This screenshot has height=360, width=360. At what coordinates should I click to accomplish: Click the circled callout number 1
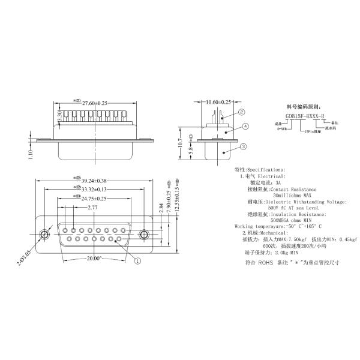137,260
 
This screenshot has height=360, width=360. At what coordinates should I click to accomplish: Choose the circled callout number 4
245,127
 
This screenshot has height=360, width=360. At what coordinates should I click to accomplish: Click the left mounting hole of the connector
45,234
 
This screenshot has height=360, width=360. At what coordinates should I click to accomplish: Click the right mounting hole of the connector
144,234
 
